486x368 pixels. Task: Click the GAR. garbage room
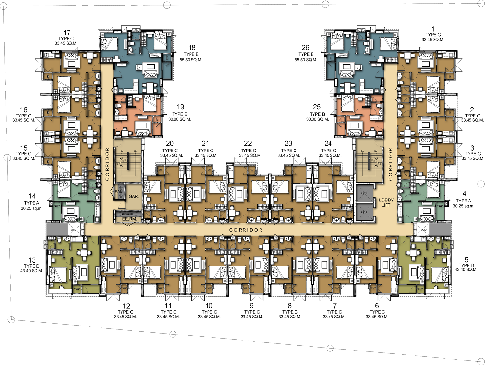[x=133, y=196]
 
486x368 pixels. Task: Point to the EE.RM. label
[x=128, y=219]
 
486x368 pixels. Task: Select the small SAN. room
[x=118, y=192]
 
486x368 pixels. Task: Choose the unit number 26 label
[x=305, y=47]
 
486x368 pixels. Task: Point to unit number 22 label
[x=248, y=144]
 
